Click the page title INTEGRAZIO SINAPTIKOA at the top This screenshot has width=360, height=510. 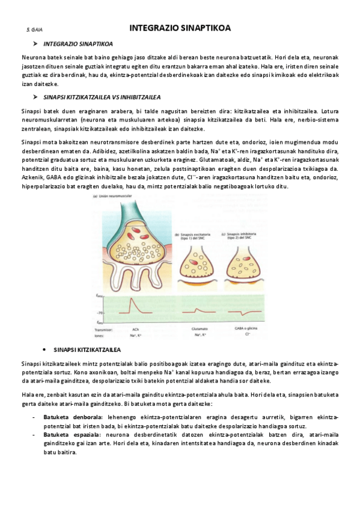point(180,28)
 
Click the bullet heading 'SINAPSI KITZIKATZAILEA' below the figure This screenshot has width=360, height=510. point(87,349)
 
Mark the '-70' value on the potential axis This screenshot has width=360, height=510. point(100,313)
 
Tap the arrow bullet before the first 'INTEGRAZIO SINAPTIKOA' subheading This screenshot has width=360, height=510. point(35,44)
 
